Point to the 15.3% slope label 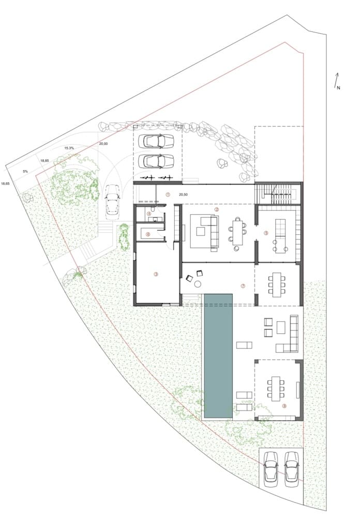click(69, 148)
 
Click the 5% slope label click(24, 171)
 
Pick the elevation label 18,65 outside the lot click(6, 183)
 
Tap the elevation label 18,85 click(45, 161)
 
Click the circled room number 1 click(168, 194)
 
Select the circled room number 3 click(155, 275)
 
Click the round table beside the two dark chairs click(198, 283)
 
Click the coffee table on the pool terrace click(281, 327)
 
